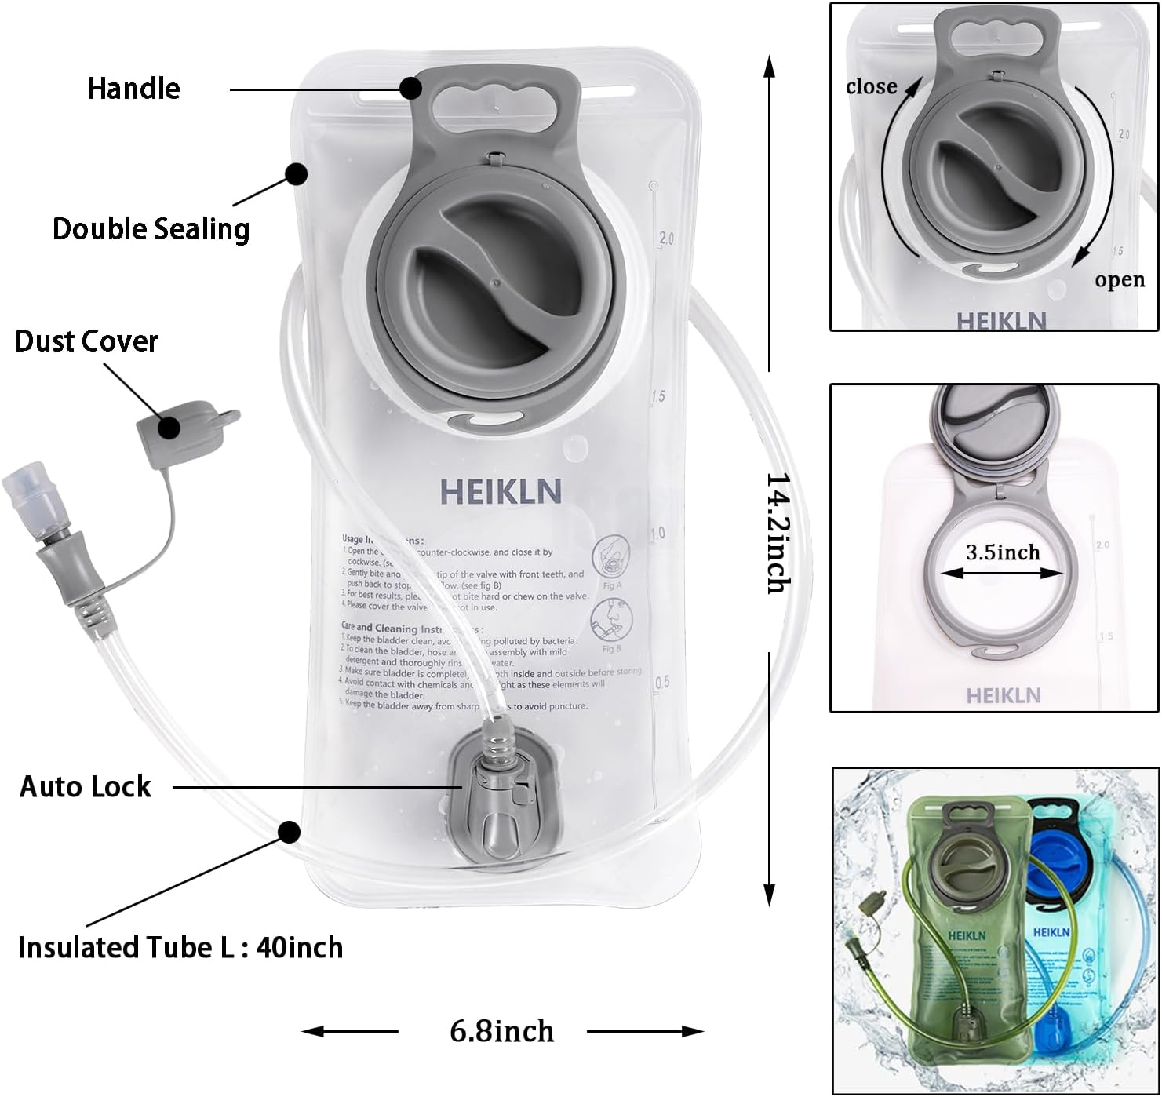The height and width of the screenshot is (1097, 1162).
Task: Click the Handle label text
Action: [x=133, y=89]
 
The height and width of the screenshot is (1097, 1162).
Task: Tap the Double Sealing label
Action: [x=151, y=229]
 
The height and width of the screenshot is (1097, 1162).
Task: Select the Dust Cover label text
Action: [x=86, y=341]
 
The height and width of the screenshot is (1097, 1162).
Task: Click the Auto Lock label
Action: [x=85, y=786]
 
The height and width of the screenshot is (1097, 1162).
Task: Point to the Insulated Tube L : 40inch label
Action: [x=180, y=948]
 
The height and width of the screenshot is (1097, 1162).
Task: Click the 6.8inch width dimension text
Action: [x=501, y=1031]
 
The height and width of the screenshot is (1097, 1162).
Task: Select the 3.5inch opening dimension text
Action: [x=1002, y=552]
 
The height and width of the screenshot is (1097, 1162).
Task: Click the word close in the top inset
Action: [x=871, y=86]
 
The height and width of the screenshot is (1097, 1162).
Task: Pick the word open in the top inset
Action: [x=1120, y=280]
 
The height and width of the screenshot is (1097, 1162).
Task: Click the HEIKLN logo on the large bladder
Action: [x=501, y=492]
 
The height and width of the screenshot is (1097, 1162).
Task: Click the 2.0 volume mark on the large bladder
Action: [x=665, y=239]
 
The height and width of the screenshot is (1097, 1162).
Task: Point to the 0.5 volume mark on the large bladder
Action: [x=662, y=682]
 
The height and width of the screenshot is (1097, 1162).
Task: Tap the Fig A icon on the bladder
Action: [x=611, y=557]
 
